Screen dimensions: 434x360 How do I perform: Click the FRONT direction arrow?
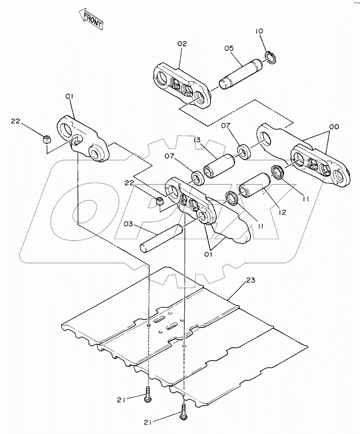(x=91, y=20)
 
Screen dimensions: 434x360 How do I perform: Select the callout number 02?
(x=182, y=44)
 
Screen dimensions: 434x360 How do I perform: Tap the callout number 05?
(x=229, y=48)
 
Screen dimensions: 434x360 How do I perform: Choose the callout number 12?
(x=282, y=212)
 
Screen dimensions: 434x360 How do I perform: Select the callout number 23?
(x=251, y=280)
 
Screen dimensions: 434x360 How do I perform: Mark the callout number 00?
(x=334, y=127)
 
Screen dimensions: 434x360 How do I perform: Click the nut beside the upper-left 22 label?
(x=46, y=139)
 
